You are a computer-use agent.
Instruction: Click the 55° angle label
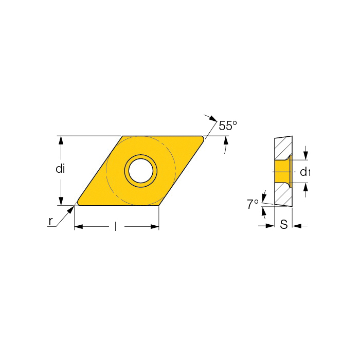(x=227, y=125)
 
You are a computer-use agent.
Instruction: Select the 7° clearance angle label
(x=253, y=204)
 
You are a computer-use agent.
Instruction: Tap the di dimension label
(x=60, y=169)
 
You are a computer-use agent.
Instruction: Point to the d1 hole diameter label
(x=305, y=172)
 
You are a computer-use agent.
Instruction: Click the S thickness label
(x=284, y=224)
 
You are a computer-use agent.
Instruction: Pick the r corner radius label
(x=51, y=221)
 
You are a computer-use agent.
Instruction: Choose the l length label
(x=116, y=227)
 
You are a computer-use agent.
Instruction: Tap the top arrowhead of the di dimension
(x=61, y=140)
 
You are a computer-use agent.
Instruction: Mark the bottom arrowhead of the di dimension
(x=61, y=201)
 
